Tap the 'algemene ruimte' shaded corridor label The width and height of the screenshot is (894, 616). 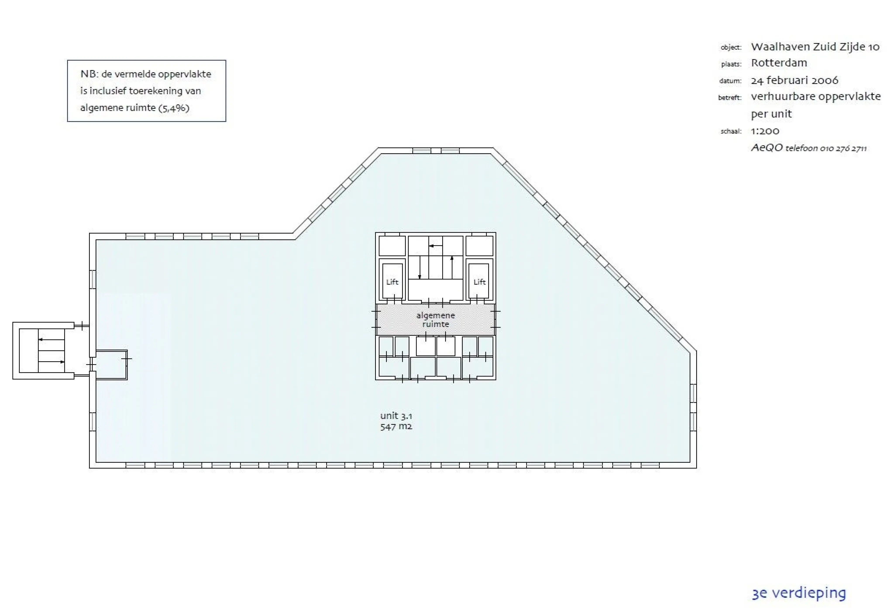point(436,320)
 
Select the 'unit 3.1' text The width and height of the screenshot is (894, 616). point(396,416)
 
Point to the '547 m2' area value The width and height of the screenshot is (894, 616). point(396,427)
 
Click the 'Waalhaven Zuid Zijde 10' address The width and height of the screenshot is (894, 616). point(815,47)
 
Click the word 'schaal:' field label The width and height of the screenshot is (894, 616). point(731,131)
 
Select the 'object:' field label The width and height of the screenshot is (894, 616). point(731,47)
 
